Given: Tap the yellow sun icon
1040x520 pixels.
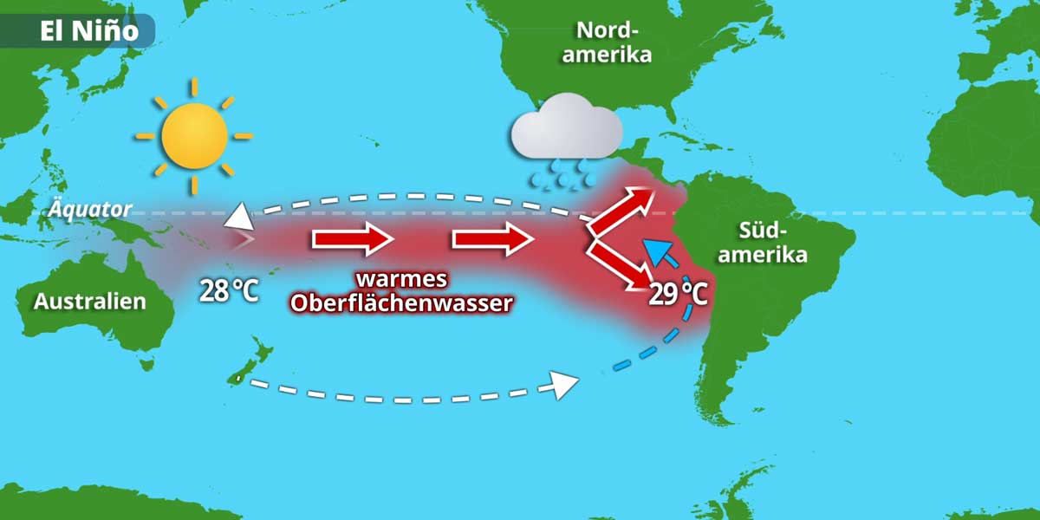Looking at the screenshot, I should (194, 136).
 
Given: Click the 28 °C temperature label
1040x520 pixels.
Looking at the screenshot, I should (229, 289).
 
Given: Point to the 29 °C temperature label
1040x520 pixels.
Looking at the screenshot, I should (679, 294).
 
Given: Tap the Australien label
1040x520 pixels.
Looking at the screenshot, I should (90, 302).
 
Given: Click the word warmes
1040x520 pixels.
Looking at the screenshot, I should (402, 280).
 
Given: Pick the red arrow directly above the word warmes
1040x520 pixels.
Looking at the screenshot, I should (353, 238).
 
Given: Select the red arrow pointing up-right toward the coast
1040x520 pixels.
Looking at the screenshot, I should (623, 208).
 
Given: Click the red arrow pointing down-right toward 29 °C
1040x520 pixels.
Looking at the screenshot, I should (621, 267).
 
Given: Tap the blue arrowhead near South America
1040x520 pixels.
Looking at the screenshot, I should (661, 252).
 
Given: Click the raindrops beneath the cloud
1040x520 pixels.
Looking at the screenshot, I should (562, 175).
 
